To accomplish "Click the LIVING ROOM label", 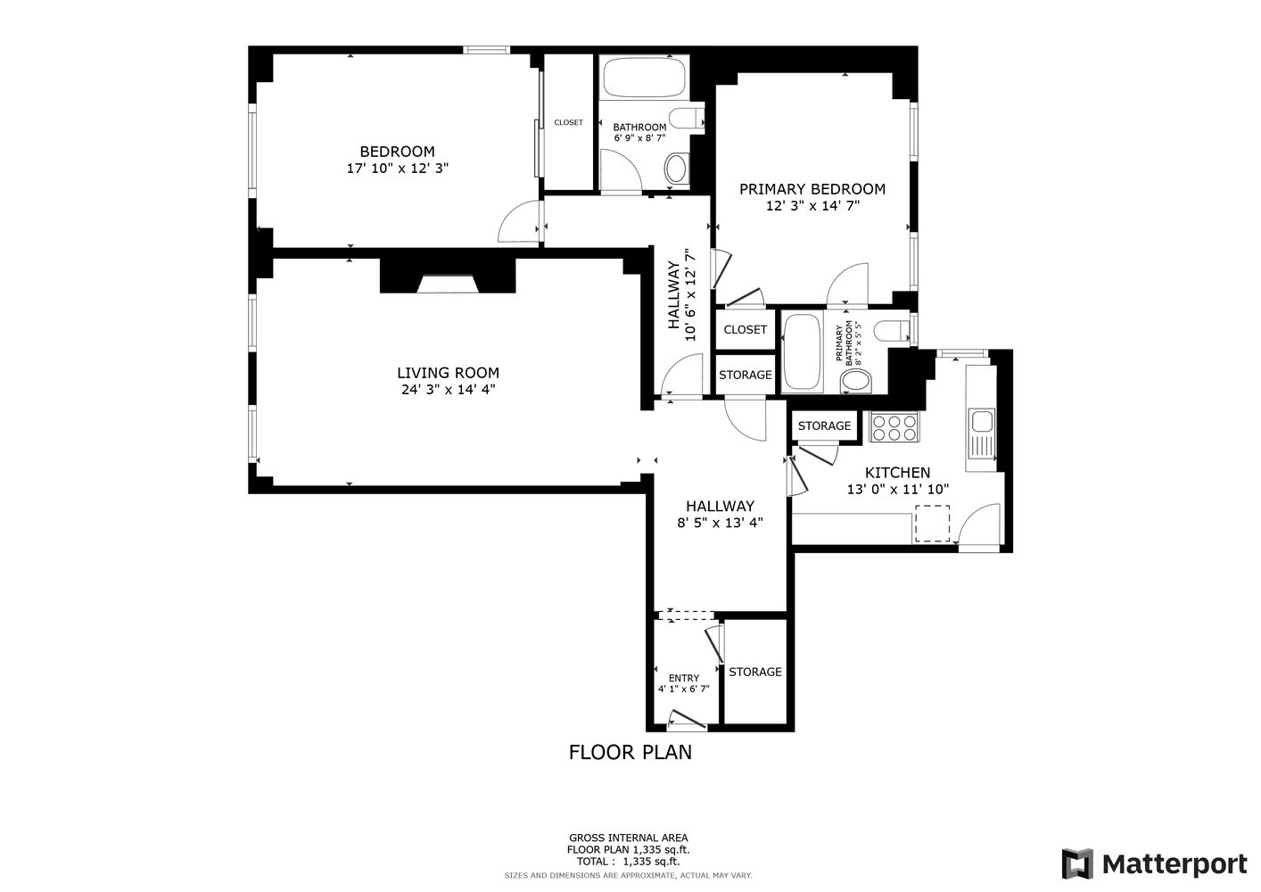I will click(x=448, y=373).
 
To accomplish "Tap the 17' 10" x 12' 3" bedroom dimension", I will click(x=397, y=168).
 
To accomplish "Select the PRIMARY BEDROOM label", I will click(x=812, y=189).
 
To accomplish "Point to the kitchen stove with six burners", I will click(x=894, y=427).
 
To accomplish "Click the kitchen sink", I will click(x=983, y=421).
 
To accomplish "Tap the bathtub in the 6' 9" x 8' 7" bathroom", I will click(x=644, y=78).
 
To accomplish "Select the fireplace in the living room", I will click(x=448, y=284).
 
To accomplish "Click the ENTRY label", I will click(x=683, y=678).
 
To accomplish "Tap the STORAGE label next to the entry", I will click(x=754, y=672).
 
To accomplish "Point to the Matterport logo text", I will click(x=1174, y=863).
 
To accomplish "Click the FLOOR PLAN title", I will click(x=630, y=752).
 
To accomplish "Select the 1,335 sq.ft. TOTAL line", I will click(x=628, y=862).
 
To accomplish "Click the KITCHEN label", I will click(x=897, y=473).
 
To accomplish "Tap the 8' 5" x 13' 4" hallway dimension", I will click(x=720, y=524).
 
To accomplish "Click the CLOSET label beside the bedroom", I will click(x=568, y=122).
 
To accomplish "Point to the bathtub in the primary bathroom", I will click(x=802, y=352).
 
